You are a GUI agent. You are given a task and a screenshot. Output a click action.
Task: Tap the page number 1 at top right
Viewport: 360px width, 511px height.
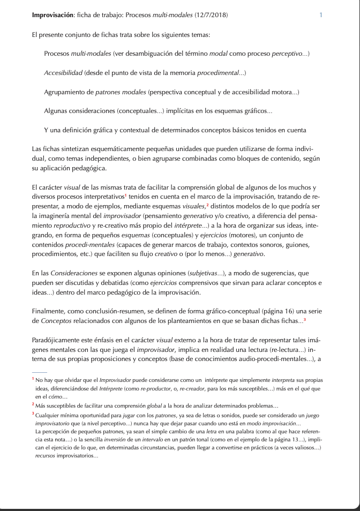tap(320, 15)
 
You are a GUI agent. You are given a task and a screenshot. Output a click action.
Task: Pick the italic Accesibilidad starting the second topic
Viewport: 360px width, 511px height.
tap(63, 73)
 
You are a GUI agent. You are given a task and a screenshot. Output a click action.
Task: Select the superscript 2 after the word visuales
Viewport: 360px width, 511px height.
tap(207, 205)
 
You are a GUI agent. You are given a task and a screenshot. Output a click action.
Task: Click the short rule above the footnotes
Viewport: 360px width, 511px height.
tap(39, 372)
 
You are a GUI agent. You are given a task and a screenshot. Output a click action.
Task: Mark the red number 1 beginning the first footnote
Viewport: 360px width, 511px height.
tap(33, 379)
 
